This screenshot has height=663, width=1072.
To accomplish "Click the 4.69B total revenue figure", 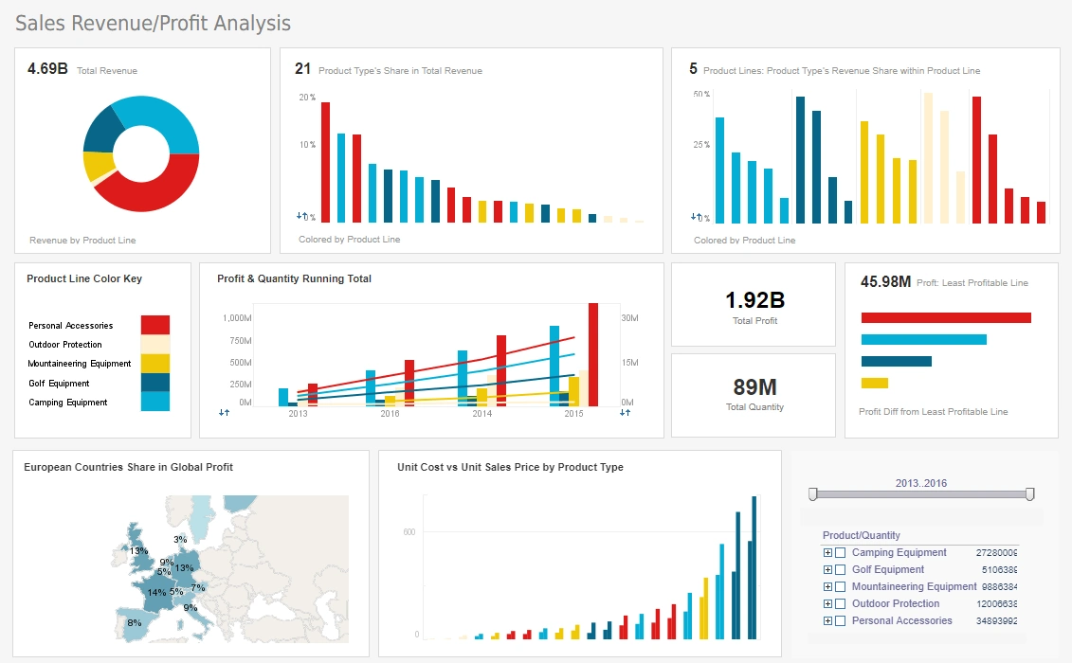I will pyautogui.click(x=47, y=69).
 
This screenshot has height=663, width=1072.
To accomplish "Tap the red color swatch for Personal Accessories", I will pyautogui.click(x=154, y=325).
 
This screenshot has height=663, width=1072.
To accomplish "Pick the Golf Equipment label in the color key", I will pyautogui.click(x=59, y=384).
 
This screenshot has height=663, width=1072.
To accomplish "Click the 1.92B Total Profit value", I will pyautogui.click(x=754, y=301).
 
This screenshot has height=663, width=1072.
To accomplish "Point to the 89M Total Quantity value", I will pyautogui.click(x=754, y=386).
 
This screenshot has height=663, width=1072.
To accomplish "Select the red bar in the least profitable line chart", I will pyautogui.click(x=945, y=318).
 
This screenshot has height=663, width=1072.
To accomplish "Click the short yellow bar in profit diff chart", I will pyautogui.click(x=874, y=383).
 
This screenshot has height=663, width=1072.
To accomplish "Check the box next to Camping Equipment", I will pyautogui.click(x=840, y=553).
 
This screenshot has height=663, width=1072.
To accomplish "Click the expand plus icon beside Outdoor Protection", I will pyautogui.click(x=827, y=604).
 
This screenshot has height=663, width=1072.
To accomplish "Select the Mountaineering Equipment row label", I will pyautogui.click(x=914, y=586).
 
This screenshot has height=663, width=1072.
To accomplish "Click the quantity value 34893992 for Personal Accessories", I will pyautogui.click(x=997, y=621).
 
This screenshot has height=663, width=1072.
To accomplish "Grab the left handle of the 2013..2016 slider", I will pyautogui.click(x=812, y=493).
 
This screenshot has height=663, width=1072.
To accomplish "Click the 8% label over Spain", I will pyautogui.click(x=134, y=622).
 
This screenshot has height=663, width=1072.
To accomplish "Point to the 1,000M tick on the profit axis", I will pyautogui.click(x=237, y=318).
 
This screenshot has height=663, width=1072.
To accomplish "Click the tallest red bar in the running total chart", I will pyautogui.click(x=593, y=354).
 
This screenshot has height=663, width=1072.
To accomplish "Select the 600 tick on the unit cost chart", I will pyautogui.click(x=409, y=532).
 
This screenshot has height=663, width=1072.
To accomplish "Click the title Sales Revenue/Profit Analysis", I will pyautogui.click(x=154, y=23).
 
